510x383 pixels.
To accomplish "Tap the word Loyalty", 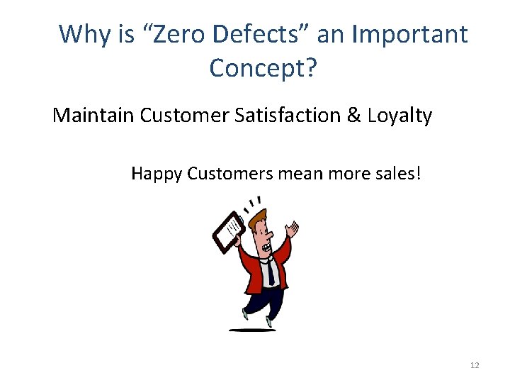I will (x=400, y=115).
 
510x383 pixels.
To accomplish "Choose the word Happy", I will (x=157, y=172).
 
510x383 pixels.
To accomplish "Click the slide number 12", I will (x=475, y=365).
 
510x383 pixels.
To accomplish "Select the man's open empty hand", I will (x=292, y=228).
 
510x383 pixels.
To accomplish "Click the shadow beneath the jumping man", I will (x=251, y=330).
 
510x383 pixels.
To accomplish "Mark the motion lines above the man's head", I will (x=251, y=202).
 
